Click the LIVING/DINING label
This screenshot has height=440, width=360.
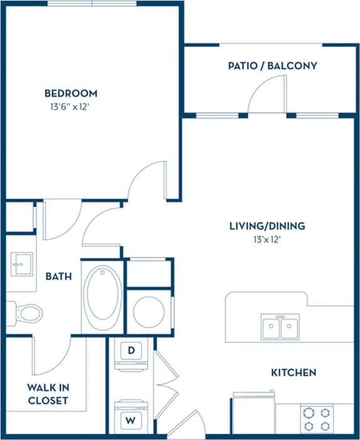[258, 226]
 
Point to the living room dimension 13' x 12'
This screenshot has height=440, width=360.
[258, 239]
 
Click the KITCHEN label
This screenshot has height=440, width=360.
[293, 373]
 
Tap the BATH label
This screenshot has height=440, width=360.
[58, 276]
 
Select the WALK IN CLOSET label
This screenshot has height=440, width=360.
[47, 394]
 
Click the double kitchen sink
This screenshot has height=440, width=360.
[280, 327]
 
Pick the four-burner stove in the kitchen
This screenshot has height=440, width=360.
[317, 420]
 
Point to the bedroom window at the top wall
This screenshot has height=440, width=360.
[92, 3]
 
